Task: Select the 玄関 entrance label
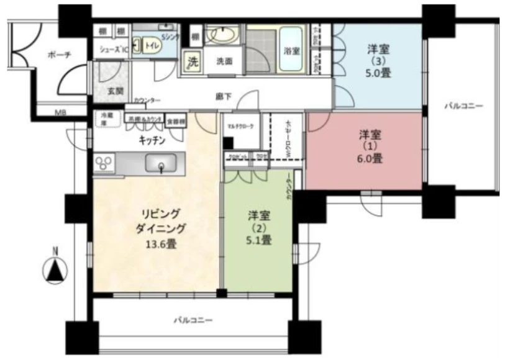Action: (115, 91)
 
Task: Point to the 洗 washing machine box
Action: (194, 62)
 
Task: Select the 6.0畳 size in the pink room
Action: (369, 158)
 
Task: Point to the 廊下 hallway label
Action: (224, 96)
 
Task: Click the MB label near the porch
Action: (61, 112)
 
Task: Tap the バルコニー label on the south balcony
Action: (192, 320)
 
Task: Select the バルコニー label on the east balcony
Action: (463, 107)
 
